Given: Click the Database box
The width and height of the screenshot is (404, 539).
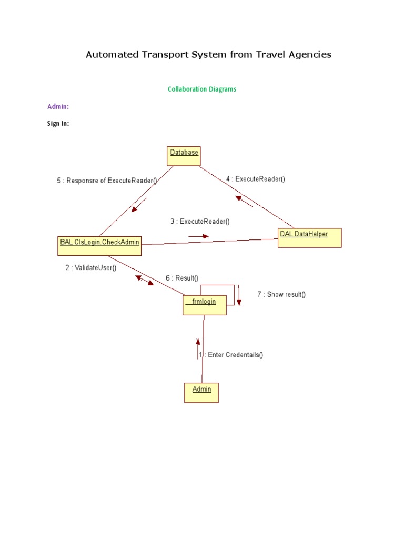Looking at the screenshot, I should (x=184, y=156).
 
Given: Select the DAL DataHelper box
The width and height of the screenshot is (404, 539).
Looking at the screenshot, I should (x=309, y=237).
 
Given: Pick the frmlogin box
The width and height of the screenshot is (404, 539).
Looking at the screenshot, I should (x=205, y=305).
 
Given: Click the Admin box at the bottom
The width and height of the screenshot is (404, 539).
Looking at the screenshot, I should (x=201, y=392).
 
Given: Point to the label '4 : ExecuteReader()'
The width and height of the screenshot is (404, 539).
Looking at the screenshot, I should (x=255, y=179).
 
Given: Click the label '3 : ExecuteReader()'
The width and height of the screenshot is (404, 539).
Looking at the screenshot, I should (x=200, y=222).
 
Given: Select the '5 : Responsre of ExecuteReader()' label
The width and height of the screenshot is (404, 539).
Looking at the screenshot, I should (x=107, y=181).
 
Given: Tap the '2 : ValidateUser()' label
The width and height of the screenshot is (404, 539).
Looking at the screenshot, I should (x=91, y=267).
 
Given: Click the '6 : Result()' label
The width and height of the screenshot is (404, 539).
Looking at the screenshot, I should (x=182, y=278).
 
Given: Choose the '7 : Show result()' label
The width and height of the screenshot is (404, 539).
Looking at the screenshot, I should (x=281, y=294).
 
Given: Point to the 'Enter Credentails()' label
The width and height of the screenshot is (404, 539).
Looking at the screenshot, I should (x=235, y=355).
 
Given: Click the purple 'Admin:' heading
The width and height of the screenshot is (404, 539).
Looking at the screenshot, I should (x=58, y=107).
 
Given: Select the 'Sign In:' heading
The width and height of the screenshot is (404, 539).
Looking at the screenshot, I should (x=58, y=124).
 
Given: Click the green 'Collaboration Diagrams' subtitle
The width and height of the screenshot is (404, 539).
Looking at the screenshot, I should (x=202, y=89).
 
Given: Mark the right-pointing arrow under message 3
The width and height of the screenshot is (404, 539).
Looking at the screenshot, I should (x=199, y=236).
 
